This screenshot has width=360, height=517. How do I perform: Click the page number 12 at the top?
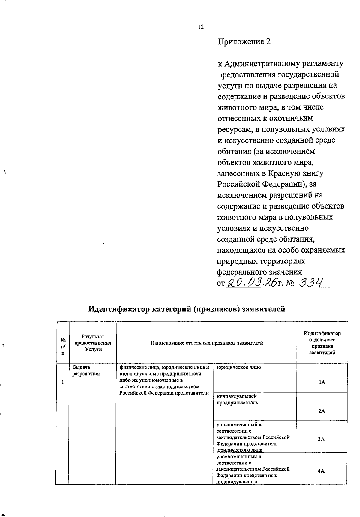coord(201,27)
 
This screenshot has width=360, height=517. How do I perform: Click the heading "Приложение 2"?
coord(244,41)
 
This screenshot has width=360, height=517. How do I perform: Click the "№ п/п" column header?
coord(63,346)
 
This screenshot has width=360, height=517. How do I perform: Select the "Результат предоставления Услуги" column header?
coord(93,343)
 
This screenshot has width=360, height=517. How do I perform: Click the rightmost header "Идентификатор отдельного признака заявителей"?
coord(322,343)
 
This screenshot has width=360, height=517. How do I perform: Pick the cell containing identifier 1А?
coord(322,382)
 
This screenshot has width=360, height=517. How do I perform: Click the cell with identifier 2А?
coord(322,411)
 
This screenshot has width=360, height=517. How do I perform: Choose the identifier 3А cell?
coord(321,439)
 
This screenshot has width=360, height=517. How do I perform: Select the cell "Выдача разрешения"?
coord(86,371)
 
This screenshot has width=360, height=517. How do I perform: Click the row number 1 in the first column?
coord(63,382)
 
